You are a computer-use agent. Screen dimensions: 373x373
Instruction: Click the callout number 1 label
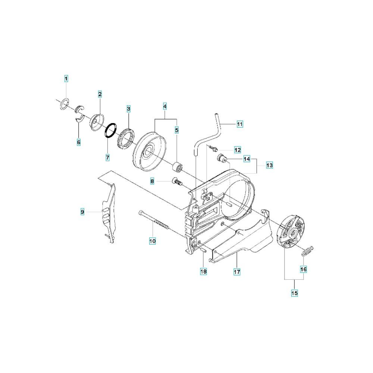pos(66,78)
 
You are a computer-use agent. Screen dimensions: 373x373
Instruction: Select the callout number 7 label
pos(107,157)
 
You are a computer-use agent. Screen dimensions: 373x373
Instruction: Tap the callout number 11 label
pos(240,124)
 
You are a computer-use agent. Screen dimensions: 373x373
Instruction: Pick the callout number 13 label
pos(269,165)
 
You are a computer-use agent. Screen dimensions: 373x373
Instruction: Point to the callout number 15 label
pos(295,293)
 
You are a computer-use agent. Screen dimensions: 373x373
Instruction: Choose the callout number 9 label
pos(82,212)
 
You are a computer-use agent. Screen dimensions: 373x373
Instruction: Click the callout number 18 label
pos(203,272)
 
